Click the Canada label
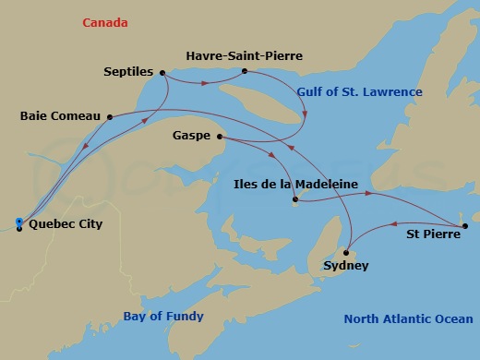(x=103, y=21)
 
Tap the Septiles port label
(x=129, y=71)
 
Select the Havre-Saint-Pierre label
(x=244, y=56)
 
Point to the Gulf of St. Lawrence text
(x=360, y=92)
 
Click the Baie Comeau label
(x=59, y=116)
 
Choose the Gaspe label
(x=191, y=137)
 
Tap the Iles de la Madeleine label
(x=294, y=184)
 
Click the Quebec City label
(x=66, y=223)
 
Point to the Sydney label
(x=346, y=266)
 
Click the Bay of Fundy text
(x=163, y=317)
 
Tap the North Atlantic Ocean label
(x=408, y=319)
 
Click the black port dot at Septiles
(x=162, y=72)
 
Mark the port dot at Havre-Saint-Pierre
(x=244, y=70)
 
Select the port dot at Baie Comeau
(x=109, y=116)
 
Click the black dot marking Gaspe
(x=220, y=138)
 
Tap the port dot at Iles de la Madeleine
(x=294, y=199)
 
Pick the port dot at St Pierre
(x=465, y=226)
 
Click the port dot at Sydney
(x=346, y=252)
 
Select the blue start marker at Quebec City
(x=19, y=222)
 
